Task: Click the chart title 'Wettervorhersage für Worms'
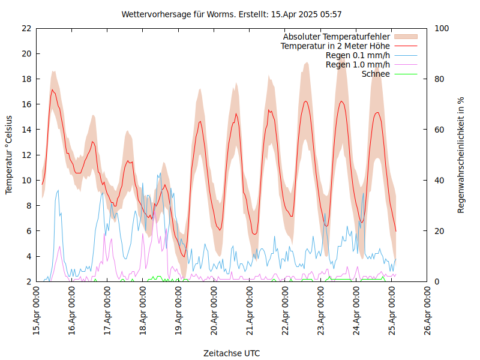[x=232, y=14]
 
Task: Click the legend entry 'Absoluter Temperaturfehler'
[x=337, y=37]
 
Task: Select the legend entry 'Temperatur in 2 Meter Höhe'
[x=335, y=46]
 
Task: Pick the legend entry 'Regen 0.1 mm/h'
[x=358, y=55]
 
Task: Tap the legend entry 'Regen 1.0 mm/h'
[x=358, y=65]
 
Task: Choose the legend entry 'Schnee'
[x=376, y=74]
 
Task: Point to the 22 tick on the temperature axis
[x=26, y=28]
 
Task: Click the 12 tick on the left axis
[x=26, y=155]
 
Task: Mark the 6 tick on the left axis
[x=28, y=231]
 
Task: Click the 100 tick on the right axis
[x=442, y=28]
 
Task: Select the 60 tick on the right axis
[x=439, y=130]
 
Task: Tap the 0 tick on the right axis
[x=437, y=281]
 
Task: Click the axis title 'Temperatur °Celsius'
[x=9, y=155]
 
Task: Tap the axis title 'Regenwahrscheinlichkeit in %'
[x=461, y=155]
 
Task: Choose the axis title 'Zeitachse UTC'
[x=232, y=353]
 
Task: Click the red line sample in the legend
[x=406, y=46]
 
